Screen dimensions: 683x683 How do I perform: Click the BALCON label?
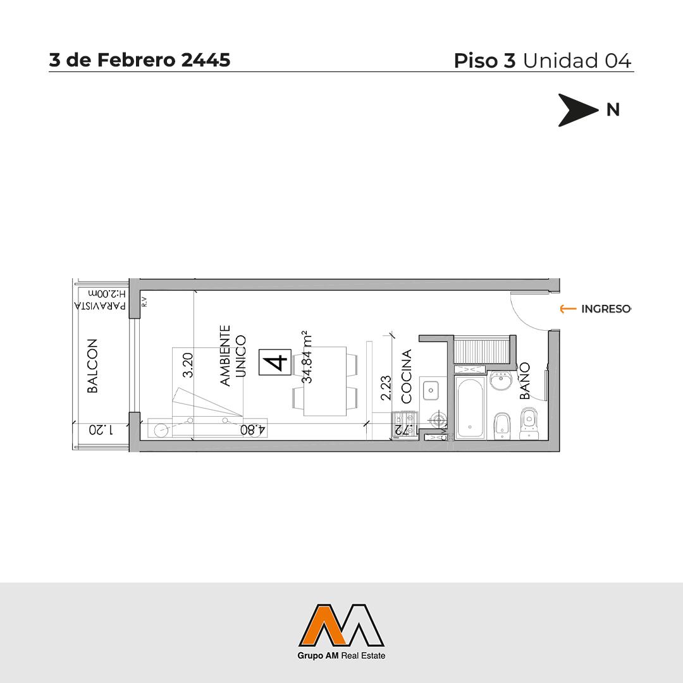[92, 366]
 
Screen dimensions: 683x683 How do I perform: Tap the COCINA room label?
[406, 376]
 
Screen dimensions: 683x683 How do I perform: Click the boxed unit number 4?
[275, 362]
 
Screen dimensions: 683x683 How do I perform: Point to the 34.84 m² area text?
[307, 357]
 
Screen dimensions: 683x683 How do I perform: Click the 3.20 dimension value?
[188, 365]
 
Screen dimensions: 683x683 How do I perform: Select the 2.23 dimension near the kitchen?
[386, 388]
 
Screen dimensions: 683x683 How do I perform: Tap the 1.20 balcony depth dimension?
[101, 430]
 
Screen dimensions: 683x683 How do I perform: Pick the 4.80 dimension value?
[253, 430]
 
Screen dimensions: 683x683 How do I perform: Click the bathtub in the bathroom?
[470, 408]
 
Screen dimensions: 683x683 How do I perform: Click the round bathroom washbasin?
[503, 380]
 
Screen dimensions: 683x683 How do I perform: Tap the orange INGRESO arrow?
[568, 309]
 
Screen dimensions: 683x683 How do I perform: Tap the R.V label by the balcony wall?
[144, 302]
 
